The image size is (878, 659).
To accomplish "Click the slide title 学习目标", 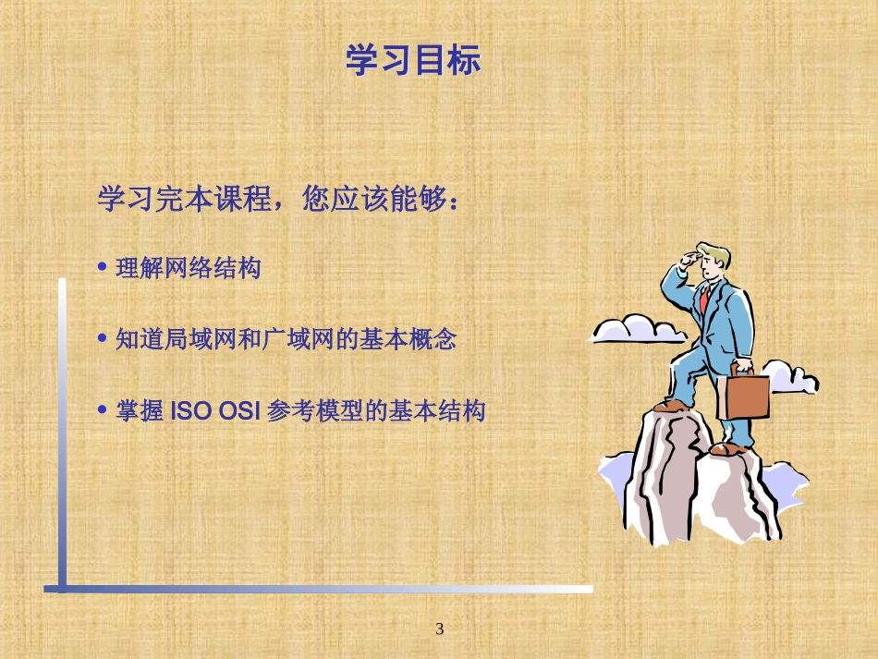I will (413, 62).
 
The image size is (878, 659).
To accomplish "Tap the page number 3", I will (440, 629).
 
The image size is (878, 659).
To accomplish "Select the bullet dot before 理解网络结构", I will (103, 267).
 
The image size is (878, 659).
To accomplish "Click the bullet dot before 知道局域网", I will (103, 338).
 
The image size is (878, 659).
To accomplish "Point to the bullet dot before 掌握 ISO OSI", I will (103, 409).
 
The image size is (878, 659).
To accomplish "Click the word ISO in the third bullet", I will (191, 411).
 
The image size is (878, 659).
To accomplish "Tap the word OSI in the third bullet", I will (238, 411).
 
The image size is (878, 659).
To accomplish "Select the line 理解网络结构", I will (189, 269).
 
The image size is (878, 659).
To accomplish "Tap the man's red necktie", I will (703, 298).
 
